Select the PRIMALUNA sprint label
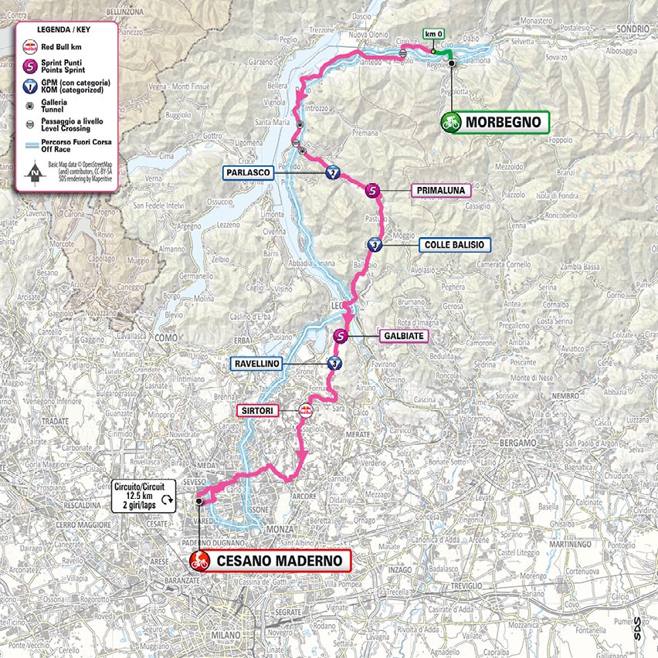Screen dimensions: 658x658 [x=440, y=190]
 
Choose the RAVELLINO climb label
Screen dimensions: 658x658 [x=254, y=363]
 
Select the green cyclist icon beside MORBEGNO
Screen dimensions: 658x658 [x=451, y=122]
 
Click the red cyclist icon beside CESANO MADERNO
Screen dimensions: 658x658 [x=201, y=561]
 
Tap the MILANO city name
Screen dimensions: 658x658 [x=230, y=639]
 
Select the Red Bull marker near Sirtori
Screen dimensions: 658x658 [x=306, y=411]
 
